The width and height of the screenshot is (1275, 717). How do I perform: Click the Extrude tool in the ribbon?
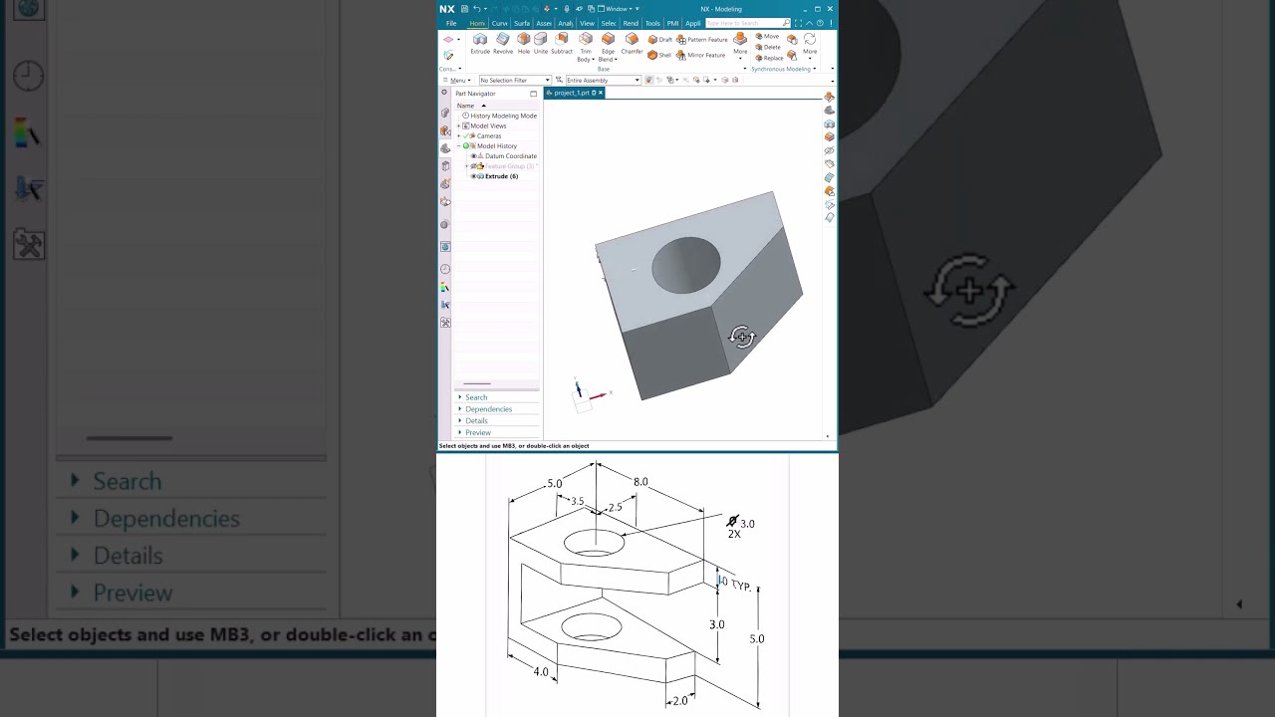(x=480, y=42)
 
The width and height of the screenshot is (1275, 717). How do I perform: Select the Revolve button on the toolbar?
(x=503, y=42)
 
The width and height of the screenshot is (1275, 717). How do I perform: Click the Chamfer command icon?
(x=632, y=42)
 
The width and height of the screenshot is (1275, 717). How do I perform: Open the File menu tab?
(x=451, y=23)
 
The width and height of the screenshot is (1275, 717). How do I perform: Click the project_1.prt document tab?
(x=573, y=93)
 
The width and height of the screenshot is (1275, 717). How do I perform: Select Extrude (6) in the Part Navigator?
(x=500, y=176)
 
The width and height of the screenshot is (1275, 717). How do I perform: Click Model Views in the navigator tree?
(x=488, y=125)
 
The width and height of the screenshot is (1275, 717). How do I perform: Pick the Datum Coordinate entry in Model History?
(x=510, y=156)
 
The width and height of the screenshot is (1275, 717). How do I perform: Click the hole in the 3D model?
(x=686, y=265)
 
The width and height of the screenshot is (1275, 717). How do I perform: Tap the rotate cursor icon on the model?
(x=742, y=337)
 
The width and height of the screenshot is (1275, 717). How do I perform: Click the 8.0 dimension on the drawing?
(x=640, y=482)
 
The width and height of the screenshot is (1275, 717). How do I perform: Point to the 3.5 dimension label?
(x=577, y=502)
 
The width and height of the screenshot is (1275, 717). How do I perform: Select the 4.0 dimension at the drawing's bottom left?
(x=541, y=672)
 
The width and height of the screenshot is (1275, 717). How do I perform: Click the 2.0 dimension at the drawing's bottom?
(x=679, y=701)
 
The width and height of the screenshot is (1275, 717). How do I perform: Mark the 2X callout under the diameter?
(x=734, y=535)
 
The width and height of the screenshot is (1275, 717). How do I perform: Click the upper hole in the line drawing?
(x=594, y=544)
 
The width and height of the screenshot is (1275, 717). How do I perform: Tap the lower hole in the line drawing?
(x=591, y=626)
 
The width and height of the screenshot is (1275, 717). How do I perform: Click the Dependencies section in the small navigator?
(x=488, y=409)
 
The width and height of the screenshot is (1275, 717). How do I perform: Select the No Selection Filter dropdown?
(x=514, y=81)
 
